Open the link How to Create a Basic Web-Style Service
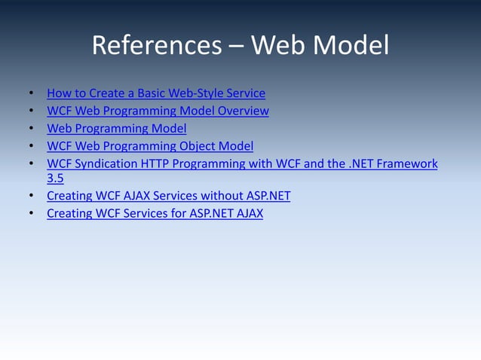pos(156,94)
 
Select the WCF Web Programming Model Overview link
pos(158,111)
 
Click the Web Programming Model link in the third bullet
pos(116,129)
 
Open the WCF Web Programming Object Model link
pos(150,146)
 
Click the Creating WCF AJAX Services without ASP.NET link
pos(168,196)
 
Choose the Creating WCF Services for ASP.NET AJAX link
pos(155,213)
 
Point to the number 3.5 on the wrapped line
pos(55,179)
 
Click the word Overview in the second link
pos(244,111)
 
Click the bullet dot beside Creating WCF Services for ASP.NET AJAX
pos(31,214)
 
